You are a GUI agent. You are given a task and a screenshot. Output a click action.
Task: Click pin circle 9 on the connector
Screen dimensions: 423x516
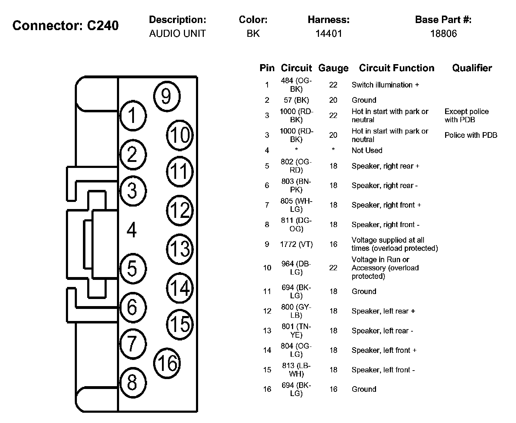[x=167, y=96]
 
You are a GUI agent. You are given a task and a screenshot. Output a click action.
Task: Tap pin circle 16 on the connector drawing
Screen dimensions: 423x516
[x=167, y=363]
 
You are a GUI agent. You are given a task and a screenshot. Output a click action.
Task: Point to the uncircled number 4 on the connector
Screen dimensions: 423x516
[x=131, y=230]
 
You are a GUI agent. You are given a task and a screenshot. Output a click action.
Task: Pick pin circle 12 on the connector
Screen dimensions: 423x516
[x=180, y=210]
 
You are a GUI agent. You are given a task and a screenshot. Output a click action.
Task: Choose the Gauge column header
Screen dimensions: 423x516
[x=333, y=68]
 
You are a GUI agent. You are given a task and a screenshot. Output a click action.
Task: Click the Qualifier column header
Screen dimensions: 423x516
[x=472, y=68]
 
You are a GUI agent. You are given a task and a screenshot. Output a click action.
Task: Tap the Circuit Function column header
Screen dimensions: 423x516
[x=396, y=68]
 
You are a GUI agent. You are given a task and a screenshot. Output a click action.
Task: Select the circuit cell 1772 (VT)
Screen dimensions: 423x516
[x=296, y=244]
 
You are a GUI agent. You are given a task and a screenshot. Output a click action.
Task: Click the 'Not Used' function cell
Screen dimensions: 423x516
[x=367, y=150]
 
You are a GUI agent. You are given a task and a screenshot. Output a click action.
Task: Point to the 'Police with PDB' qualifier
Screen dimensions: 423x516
[x=471, y=135]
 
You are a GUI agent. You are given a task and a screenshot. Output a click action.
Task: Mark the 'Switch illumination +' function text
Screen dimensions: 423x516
[x=385, y=85]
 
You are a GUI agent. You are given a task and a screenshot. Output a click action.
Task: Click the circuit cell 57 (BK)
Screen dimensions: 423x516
[x=296, y=100]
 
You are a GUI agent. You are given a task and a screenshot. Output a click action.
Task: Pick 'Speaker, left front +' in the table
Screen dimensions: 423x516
[x=384, y=350]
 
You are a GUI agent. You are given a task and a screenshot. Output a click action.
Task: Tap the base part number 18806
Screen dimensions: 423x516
[x=443, y=34]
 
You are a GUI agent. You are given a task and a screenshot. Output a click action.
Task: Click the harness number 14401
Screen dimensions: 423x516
[x=329, y=34]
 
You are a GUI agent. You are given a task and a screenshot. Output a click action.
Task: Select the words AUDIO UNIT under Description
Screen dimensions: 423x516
[x=177, y=34]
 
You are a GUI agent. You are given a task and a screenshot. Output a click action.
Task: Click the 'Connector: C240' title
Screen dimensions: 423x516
[x=66, y=26]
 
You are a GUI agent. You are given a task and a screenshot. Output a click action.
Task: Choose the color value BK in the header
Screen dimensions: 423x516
[x=253, y=34]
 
